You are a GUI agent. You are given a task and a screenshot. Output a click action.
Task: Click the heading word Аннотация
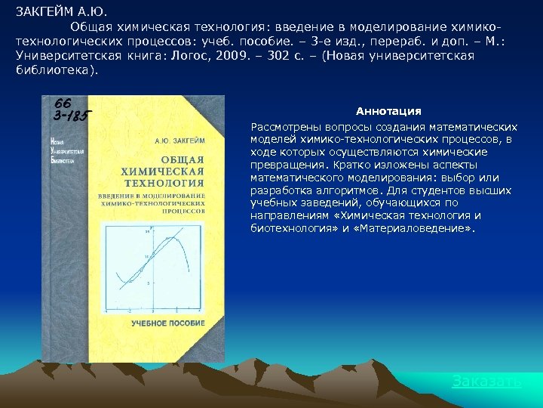(x=388, y=111)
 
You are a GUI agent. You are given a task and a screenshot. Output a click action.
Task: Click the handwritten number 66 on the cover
(x=63, y=103)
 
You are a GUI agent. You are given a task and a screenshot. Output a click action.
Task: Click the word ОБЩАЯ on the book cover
(x=183, y=159)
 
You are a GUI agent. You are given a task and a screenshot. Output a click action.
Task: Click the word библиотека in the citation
(x=52, y=70)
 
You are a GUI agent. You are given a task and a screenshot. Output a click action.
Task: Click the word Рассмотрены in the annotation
(x=284, y=126)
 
